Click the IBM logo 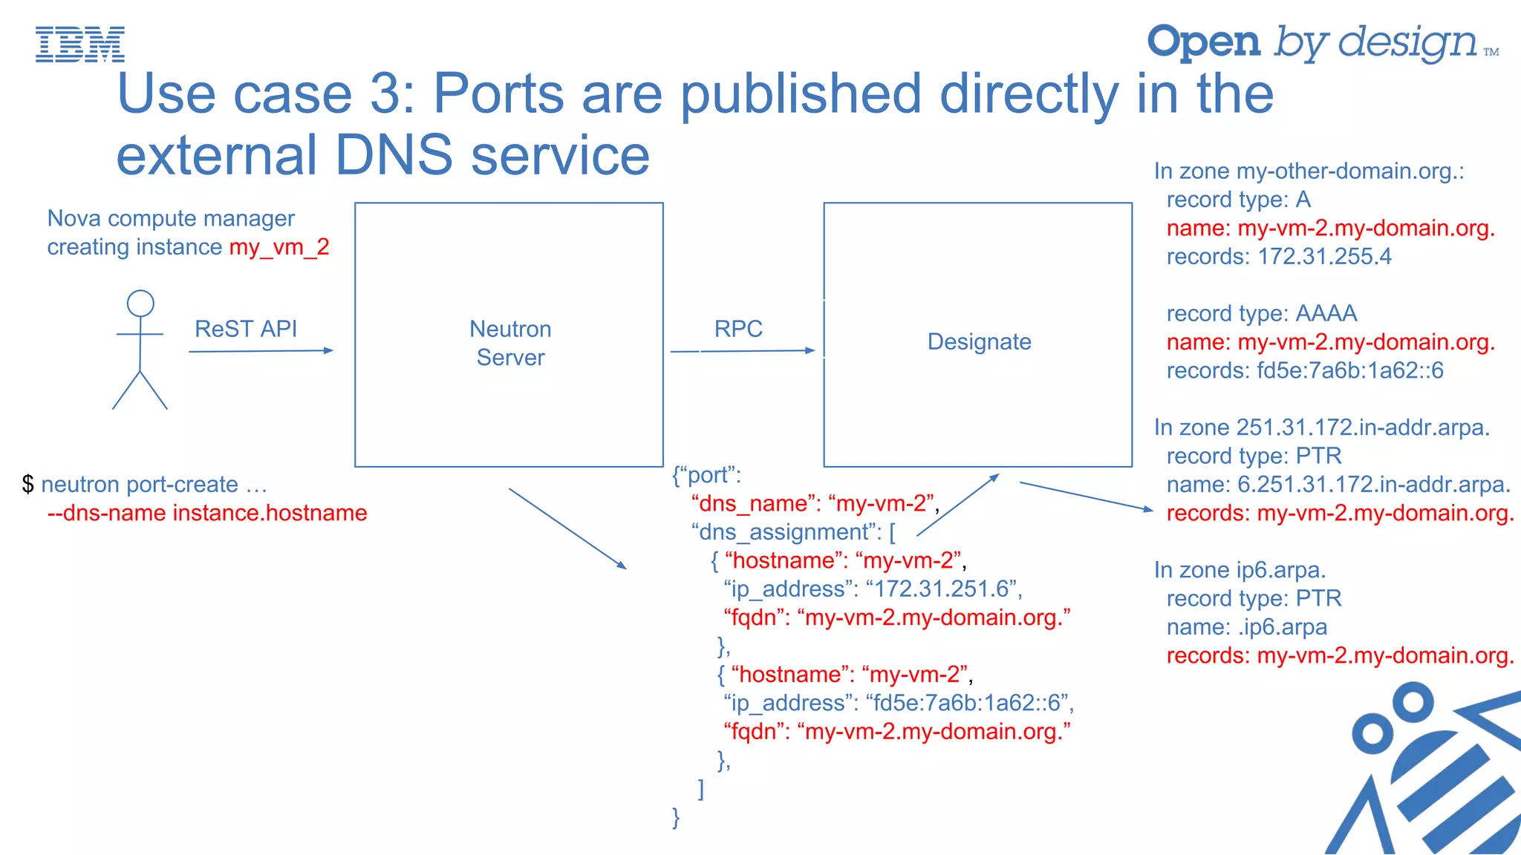tap(80, 44)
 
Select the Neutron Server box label tap(510, 343)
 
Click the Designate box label tap(979, 341)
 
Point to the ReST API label tap(245, 329)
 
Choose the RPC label tap(738, 329)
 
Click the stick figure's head tap(140, 304)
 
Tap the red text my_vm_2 tap(279, 246)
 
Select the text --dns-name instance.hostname tap(207, 513)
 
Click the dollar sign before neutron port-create tap(28, 485)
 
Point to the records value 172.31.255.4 tap(1324, 257)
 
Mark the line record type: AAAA tap(1261, 313)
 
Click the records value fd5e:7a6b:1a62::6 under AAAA tap(1349, 370)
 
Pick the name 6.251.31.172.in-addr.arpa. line tap(1338, 485)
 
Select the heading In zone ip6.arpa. tap(1240, 570)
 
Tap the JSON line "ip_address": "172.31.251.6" tap(873, 589)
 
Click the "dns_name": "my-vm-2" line tap(815, 504)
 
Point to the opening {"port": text tap(706, 475)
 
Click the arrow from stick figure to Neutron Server tap(261, 351)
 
